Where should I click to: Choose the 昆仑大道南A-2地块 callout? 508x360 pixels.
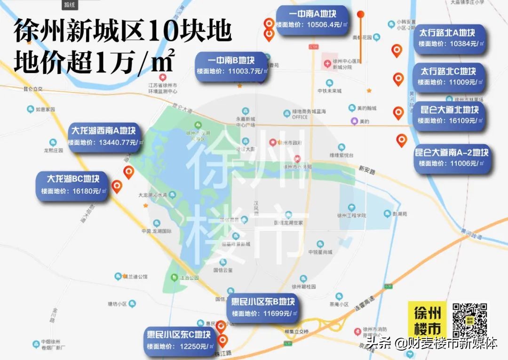tap(452, 158)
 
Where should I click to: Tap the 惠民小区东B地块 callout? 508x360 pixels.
tap(263, 307)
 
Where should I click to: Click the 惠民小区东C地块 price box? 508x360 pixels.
tap(179, 340)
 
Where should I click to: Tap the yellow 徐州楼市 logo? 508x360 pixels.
tap(427, 320)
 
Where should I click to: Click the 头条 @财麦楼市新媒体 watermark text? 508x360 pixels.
tap(432, 344)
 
